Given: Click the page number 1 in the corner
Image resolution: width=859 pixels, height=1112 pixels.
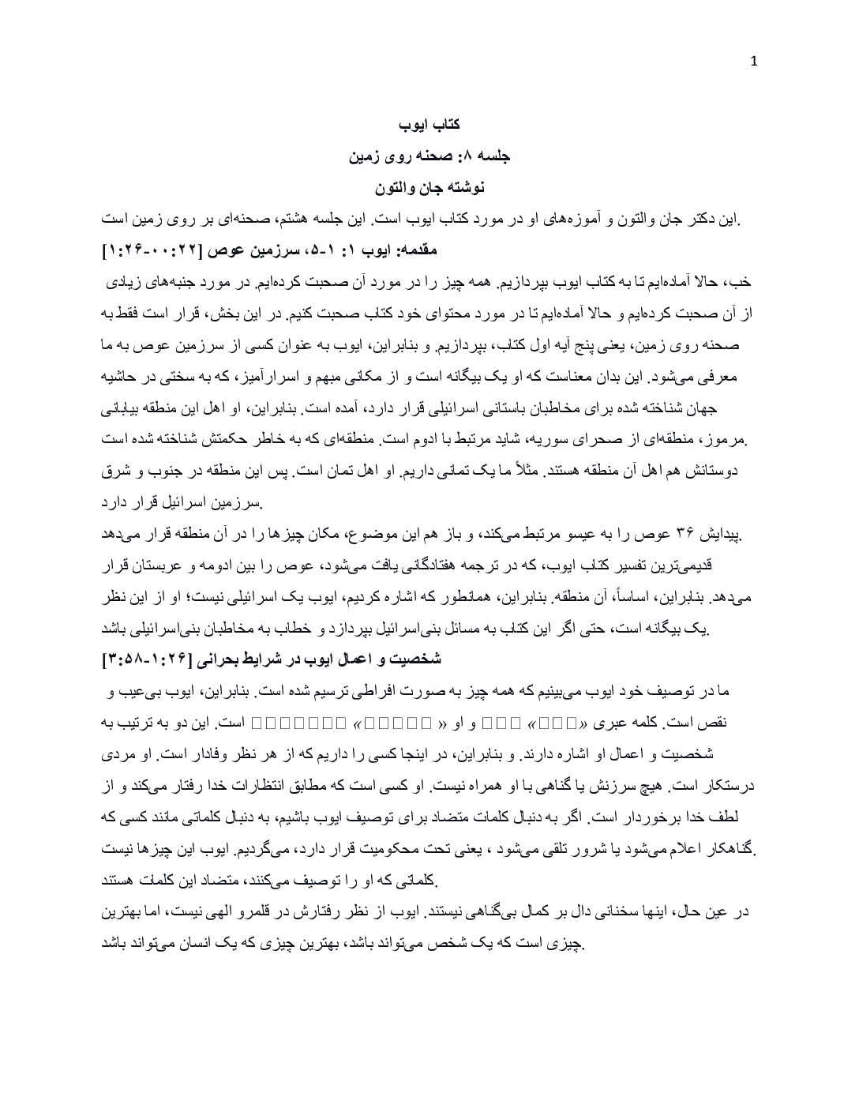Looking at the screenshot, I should coord(753,62).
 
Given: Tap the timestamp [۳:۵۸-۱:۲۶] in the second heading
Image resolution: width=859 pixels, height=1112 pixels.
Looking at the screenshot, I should coord(150,659).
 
